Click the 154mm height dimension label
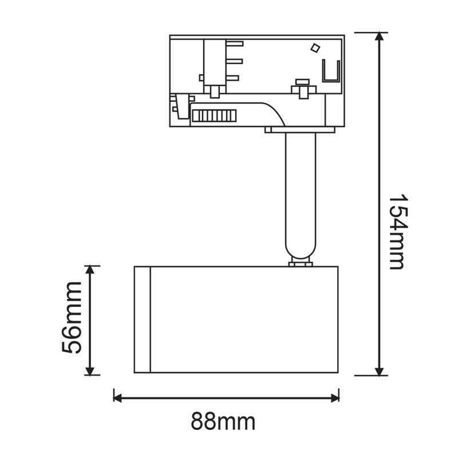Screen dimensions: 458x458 point(397,231)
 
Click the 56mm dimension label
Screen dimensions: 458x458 point(72,318)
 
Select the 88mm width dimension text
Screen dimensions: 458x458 point(223,421)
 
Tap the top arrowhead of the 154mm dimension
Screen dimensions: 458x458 point(379,37)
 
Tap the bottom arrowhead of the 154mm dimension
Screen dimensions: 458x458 point(379,371)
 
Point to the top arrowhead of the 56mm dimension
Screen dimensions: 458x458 point(90,270)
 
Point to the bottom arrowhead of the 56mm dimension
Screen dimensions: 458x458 point(90,370)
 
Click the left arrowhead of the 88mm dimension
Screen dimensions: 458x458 point(118,398)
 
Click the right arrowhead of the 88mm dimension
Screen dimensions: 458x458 point(335,398)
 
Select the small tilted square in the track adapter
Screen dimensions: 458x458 point(315,48)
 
